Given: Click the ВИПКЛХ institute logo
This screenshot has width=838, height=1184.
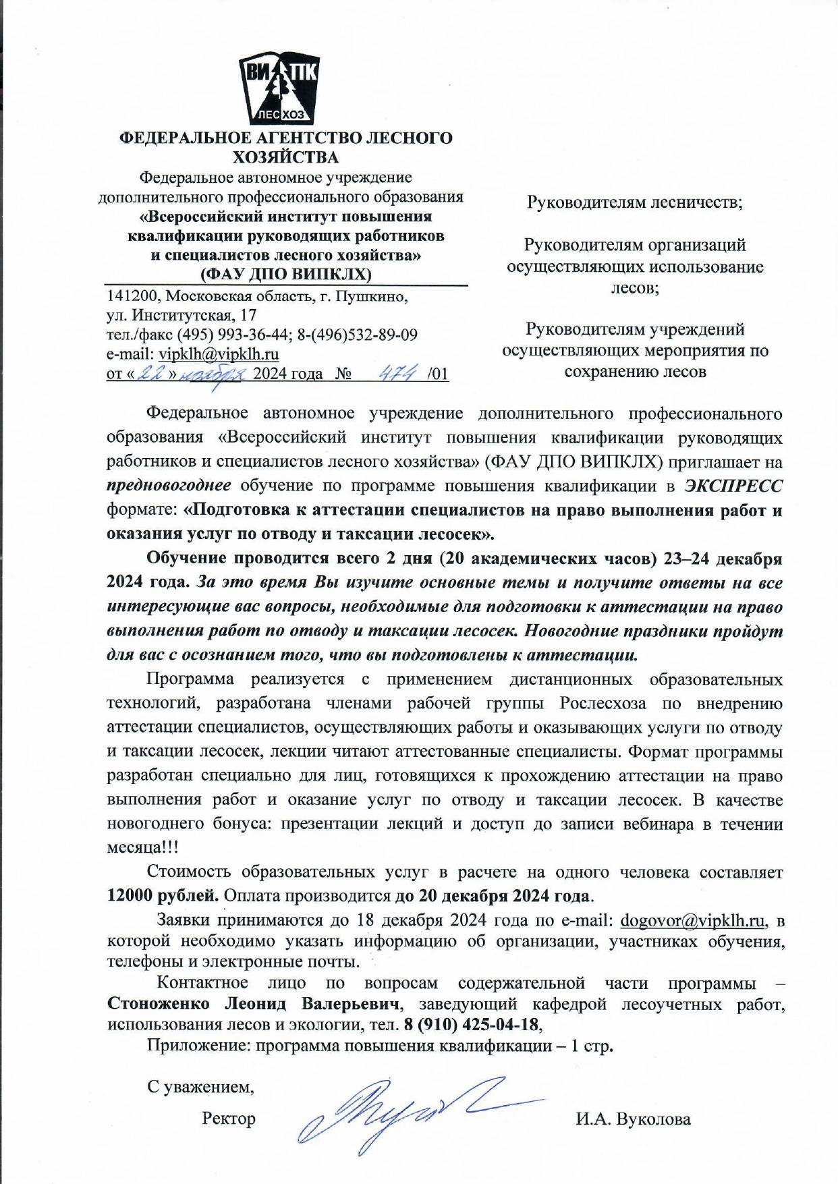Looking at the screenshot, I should pyautogui.click(x=279, y=89).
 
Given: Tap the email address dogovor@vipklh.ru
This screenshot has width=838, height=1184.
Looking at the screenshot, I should pyautogui.click(x=692, y=920).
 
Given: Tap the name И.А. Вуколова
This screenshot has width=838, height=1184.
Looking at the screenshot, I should pyautogui.click(x=633, y=1119).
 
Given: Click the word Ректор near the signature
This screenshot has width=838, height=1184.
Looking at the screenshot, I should pyautogui.click(x=229, y=1119).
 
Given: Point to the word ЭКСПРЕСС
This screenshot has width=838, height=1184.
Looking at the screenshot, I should pyautogui.click(x=733, y=486).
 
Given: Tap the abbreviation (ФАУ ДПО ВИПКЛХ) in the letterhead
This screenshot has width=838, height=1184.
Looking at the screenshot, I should pyautogui.click(x=286, y=274).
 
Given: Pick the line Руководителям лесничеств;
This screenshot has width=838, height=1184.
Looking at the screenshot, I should pyautogui.click(x=634, y=202).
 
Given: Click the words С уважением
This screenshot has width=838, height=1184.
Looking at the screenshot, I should pyautogui.click(x=200, y=1087).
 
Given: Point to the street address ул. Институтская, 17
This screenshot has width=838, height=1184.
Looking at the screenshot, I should pyautogui.click(x=181, y=315).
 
